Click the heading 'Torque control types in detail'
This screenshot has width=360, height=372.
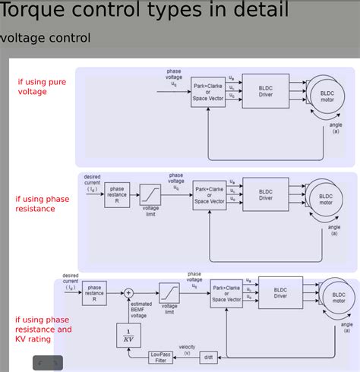pyautogui.click(x=144, y=11)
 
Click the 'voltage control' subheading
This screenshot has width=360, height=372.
pyautogui.click(x=46, y=38)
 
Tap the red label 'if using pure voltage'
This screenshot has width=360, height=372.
pyautogui.click(x=42, y=87)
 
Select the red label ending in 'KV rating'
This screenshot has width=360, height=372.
pyautogui.click(x=43, y=330)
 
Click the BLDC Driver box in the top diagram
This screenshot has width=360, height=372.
pyautogui.click(x=265, y=90)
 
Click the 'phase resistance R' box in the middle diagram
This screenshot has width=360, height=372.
pyautogui.click(x=117, y=194)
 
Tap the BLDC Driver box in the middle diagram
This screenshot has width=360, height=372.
pyautogui.click(x=265, y=194)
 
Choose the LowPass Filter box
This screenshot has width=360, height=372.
pyautogui.click(x=160, y=357)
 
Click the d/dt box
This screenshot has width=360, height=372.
pyautogui.click(x=208, y=357)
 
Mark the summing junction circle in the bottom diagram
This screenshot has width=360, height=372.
pyautogui.click(x=128, y=292)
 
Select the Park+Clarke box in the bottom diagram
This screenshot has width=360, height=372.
pyautogui.click(x=228, y=293)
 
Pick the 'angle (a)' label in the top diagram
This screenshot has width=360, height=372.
pyautogui.click(x=335, y=128)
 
